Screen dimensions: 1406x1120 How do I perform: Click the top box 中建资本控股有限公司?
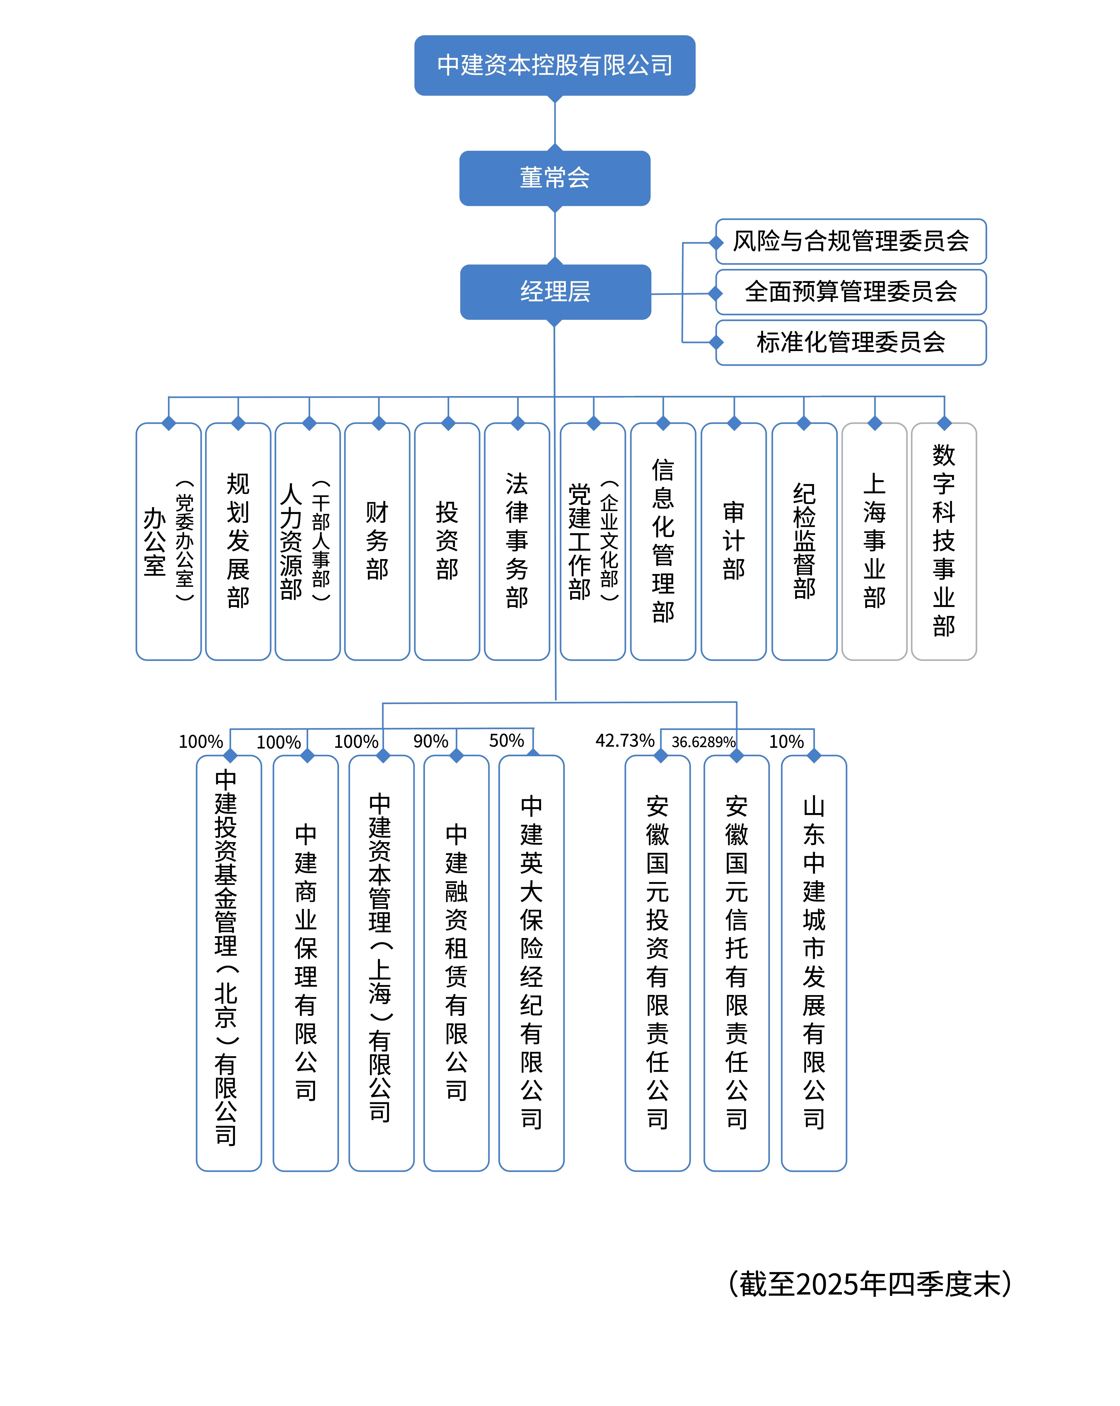tap(554, 65)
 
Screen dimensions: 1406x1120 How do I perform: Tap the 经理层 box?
tap(555, 291)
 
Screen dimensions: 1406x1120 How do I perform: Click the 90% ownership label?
tap(430, 741)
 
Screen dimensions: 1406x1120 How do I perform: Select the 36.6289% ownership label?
tap(703, 742)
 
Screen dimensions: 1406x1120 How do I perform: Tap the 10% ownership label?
tap(786, 741)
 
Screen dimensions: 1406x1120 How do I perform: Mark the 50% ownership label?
tap(506, 741)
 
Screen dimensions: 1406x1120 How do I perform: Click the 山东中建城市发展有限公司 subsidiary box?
tap(813, 962)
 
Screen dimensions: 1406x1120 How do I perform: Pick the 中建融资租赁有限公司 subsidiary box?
tap(456, 962)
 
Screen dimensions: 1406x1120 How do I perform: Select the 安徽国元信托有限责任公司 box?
tap(736, 962)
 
